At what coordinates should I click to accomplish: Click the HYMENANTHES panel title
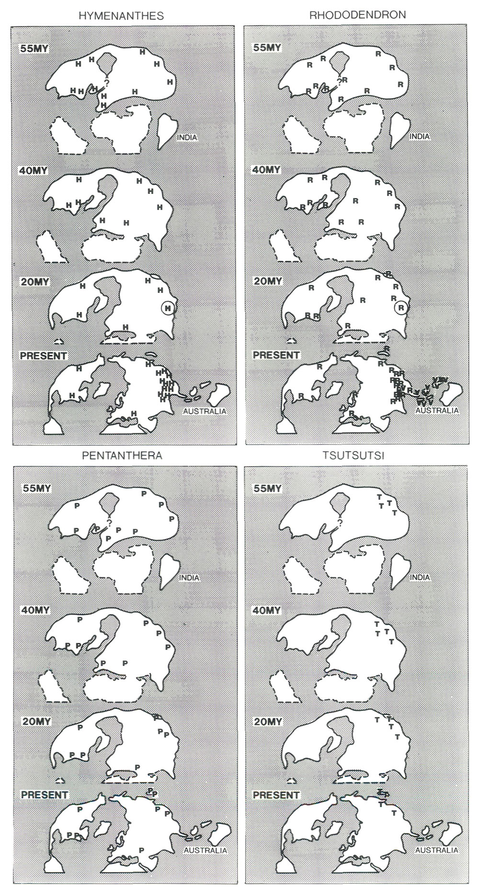[121, 16]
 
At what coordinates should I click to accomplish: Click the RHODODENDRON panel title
[358, 15]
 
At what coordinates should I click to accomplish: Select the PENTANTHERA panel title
[122, 455]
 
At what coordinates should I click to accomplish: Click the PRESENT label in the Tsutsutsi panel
[276, 795]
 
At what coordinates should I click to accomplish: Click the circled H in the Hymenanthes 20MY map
[167, 308]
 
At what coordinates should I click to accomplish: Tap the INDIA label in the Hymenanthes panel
[187, 137]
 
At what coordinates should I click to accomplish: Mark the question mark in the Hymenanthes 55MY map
[106, 83]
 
